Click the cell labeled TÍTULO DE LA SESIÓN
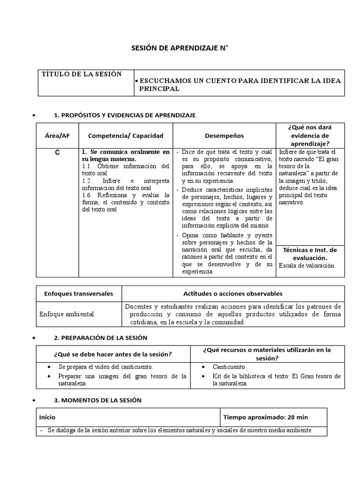[x=82, y=74]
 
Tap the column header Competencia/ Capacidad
[x=126, y=135]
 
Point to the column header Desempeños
[x=224, y=135]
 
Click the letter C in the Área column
[x=57, y=153]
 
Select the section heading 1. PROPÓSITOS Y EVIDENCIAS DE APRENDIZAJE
[x=125, y=115]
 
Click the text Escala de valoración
[x=306, y=265]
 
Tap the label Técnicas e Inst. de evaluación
[x=310, y=254]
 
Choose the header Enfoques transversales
[x=79, y=294]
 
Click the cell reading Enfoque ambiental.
[x=67, y=315]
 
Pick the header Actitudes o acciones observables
[x=232, y=294]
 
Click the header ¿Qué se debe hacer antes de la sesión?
[x=113, y=354]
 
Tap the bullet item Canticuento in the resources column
[x=229, y=367]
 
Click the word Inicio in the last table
[x=47, y=417]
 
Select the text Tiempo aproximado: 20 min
[x=265, y=417]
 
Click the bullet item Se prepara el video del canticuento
[x=106, y=367]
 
